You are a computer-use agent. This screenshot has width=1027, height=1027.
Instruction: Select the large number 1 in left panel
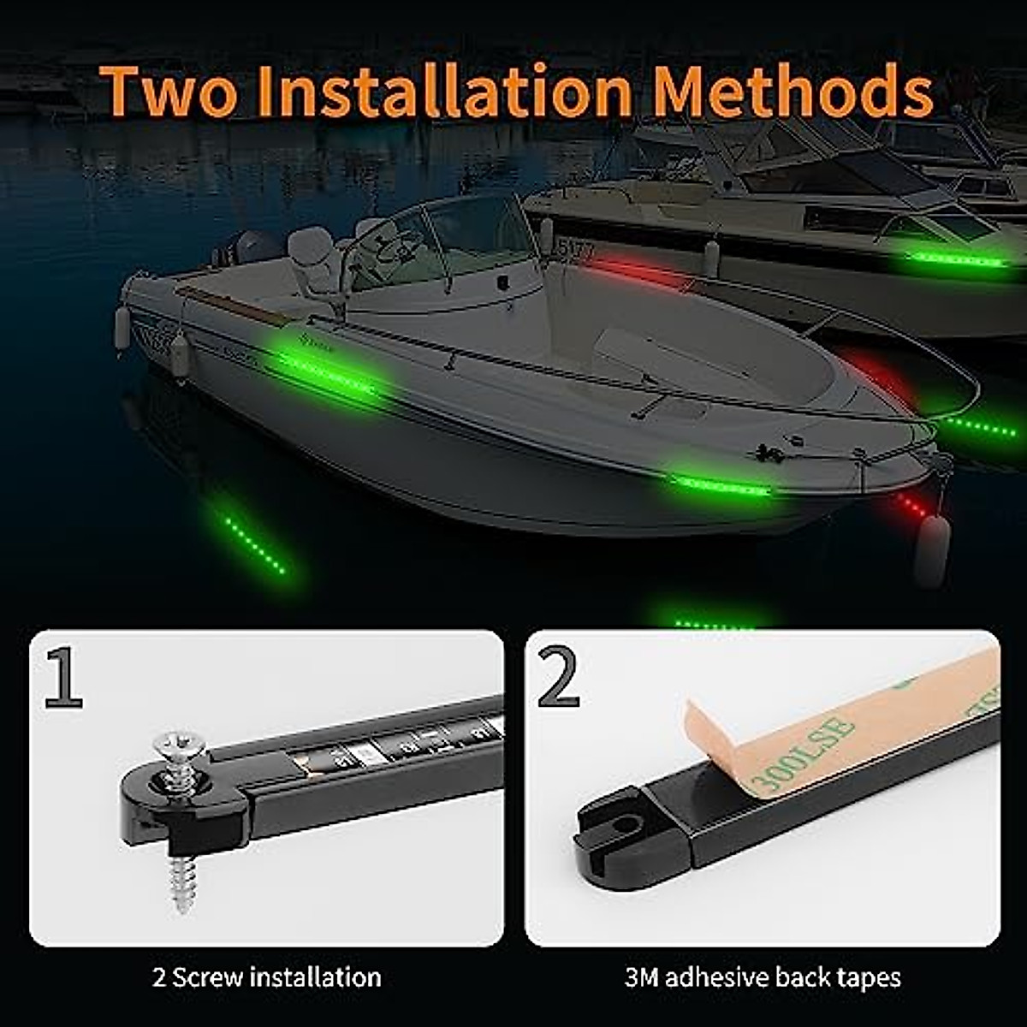[64, 678]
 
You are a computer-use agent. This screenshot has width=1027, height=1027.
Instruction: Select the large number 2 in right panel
[559, 676]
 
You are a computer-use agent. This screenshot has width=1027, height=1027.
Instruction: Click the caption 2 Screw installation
[266, 977]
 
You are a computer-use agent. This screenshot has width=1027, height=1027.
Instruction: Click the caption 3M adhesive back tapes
[762, 977]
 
